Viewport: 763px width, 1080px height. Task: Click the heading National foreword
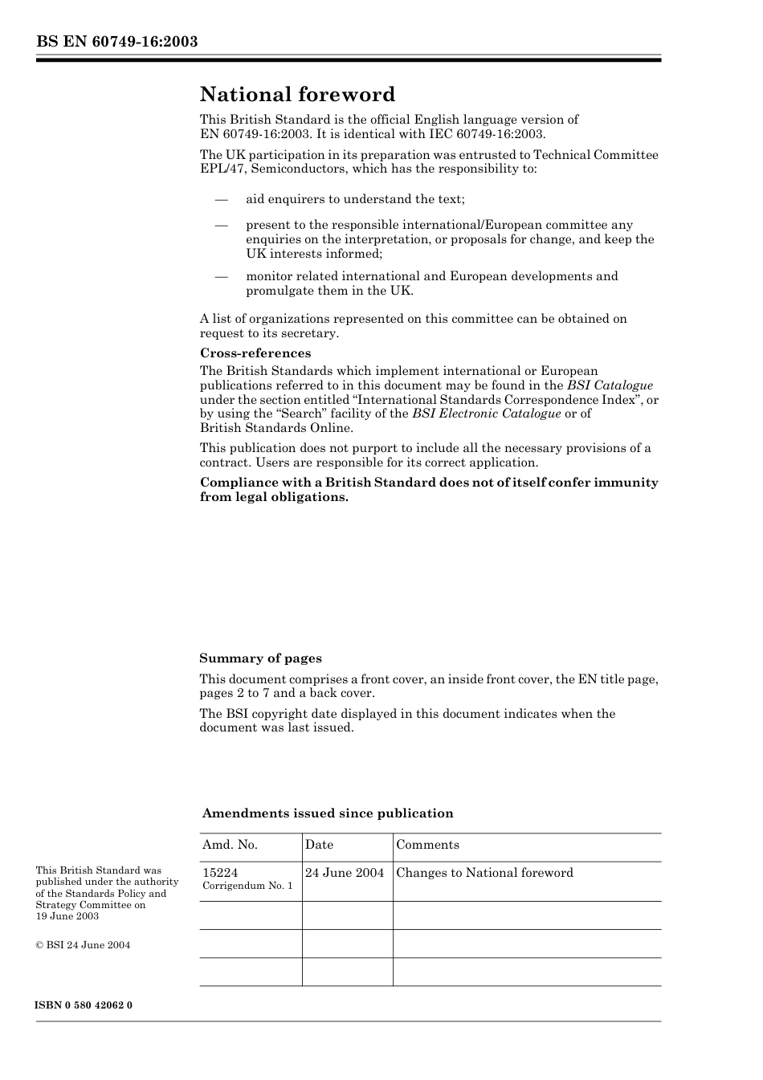tap(297, 95)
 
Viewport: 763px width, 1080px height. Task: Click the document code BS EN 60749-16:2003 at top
tap(116, 42)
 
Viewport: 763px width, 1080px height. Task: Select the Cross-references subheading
tap(255, 353)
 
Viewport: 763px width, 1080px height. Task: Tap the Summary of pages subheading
tap(260, 658)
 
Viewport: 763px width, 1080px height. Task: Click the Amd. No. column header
tap(230, 845)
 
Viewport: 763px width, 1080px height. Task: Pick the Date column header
tap(319, 845)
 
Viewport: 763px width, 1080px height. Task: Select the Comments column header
tap(427, 845)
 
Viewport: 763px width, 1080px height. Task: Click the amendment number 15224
tap(220, 873)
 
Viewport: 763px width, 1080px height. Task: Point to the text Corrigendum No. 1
tap(247, 886)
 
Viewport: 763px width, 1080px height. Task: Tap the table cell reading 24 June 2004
tap(345, 873)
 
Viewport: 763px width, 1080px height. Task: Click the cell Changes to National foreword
tap(484, 873)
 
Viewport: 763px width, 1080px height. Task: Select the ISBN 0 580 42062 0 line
tap(84, 1005)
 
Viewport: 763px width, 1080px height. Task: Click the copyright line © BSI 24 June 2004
tap(83, 945)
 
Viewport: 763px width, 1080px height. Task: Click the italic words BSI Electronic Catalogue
tap(486, 414)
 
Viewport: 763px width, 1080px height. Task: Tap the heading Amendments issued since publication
tap(328, 813)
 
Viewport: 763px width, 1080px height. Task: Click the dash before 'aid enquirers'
tap(221, 199)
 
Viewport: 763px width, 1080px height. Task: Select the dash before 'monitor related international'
tap(221, 276)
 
